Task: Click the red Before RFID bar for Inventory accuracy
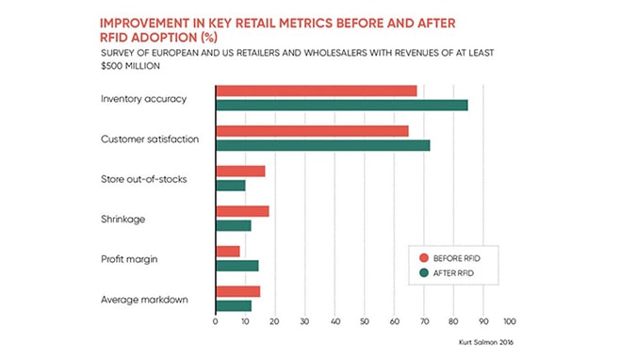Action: [x=316, y=90]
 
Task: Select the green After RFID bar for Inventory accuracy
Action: [x=341, y=105]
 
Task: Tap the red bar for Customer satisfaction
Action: [x=312, y=131]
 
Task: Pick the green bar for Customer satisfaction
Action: [x=322, y=145]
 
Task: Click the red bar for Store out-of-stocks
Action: [x=240, y=172]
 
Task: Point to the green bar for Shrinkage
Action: [x=233, y=225]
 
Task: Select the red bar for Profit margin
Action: [x=227, y=252]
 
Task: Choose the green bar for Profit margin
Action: [x=237, y=266]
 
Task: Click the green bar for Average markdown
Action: [x=233, y=305]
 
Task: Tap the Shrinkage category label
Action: [x=122, y=219]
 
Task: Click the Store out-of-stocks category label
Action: [x=143, y=179]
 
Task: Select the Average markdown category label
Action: [x=143, y=300]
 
